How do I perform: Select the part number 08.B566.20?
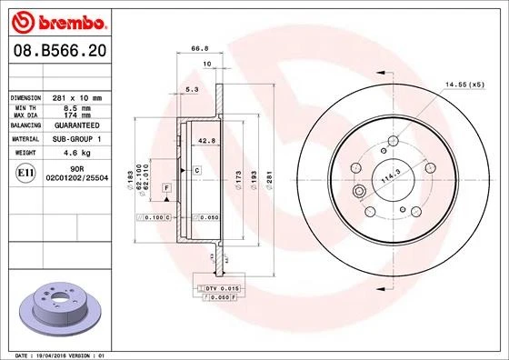click(56, 54)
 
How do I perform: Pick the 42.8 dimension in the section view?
click(205, 141)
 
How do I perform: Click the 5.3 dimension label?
click(191, 90)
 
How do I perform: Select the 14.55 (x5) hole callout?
click(463, 85)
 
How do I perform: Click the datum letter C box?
click(196, 170)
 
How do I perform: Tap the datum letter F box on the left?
click(167, 186)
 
